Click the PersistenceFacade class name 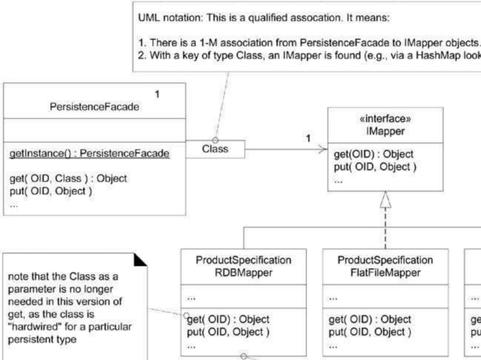coord(94,107)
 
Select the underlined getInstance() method coord(89,154)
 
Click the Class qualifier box coord(215,149)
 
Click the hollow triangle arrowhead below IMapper coord(385,200)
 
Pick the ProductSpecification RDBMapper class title coord(243,266)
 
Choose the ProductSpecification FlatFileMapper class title coord(385,266)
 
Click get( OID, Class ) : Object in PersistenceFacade coord(68,178)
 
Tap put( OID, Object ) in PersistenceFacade coord(51,191)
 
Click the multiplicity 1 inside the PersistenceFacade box coord(157,94)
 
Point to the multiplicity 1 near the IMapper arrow coord(308,138)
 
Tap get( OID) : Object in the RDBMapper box coord(228,319)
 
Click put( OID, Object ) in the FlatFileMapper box coord(371,331)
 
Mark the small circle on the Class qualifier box coord(216,140)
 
